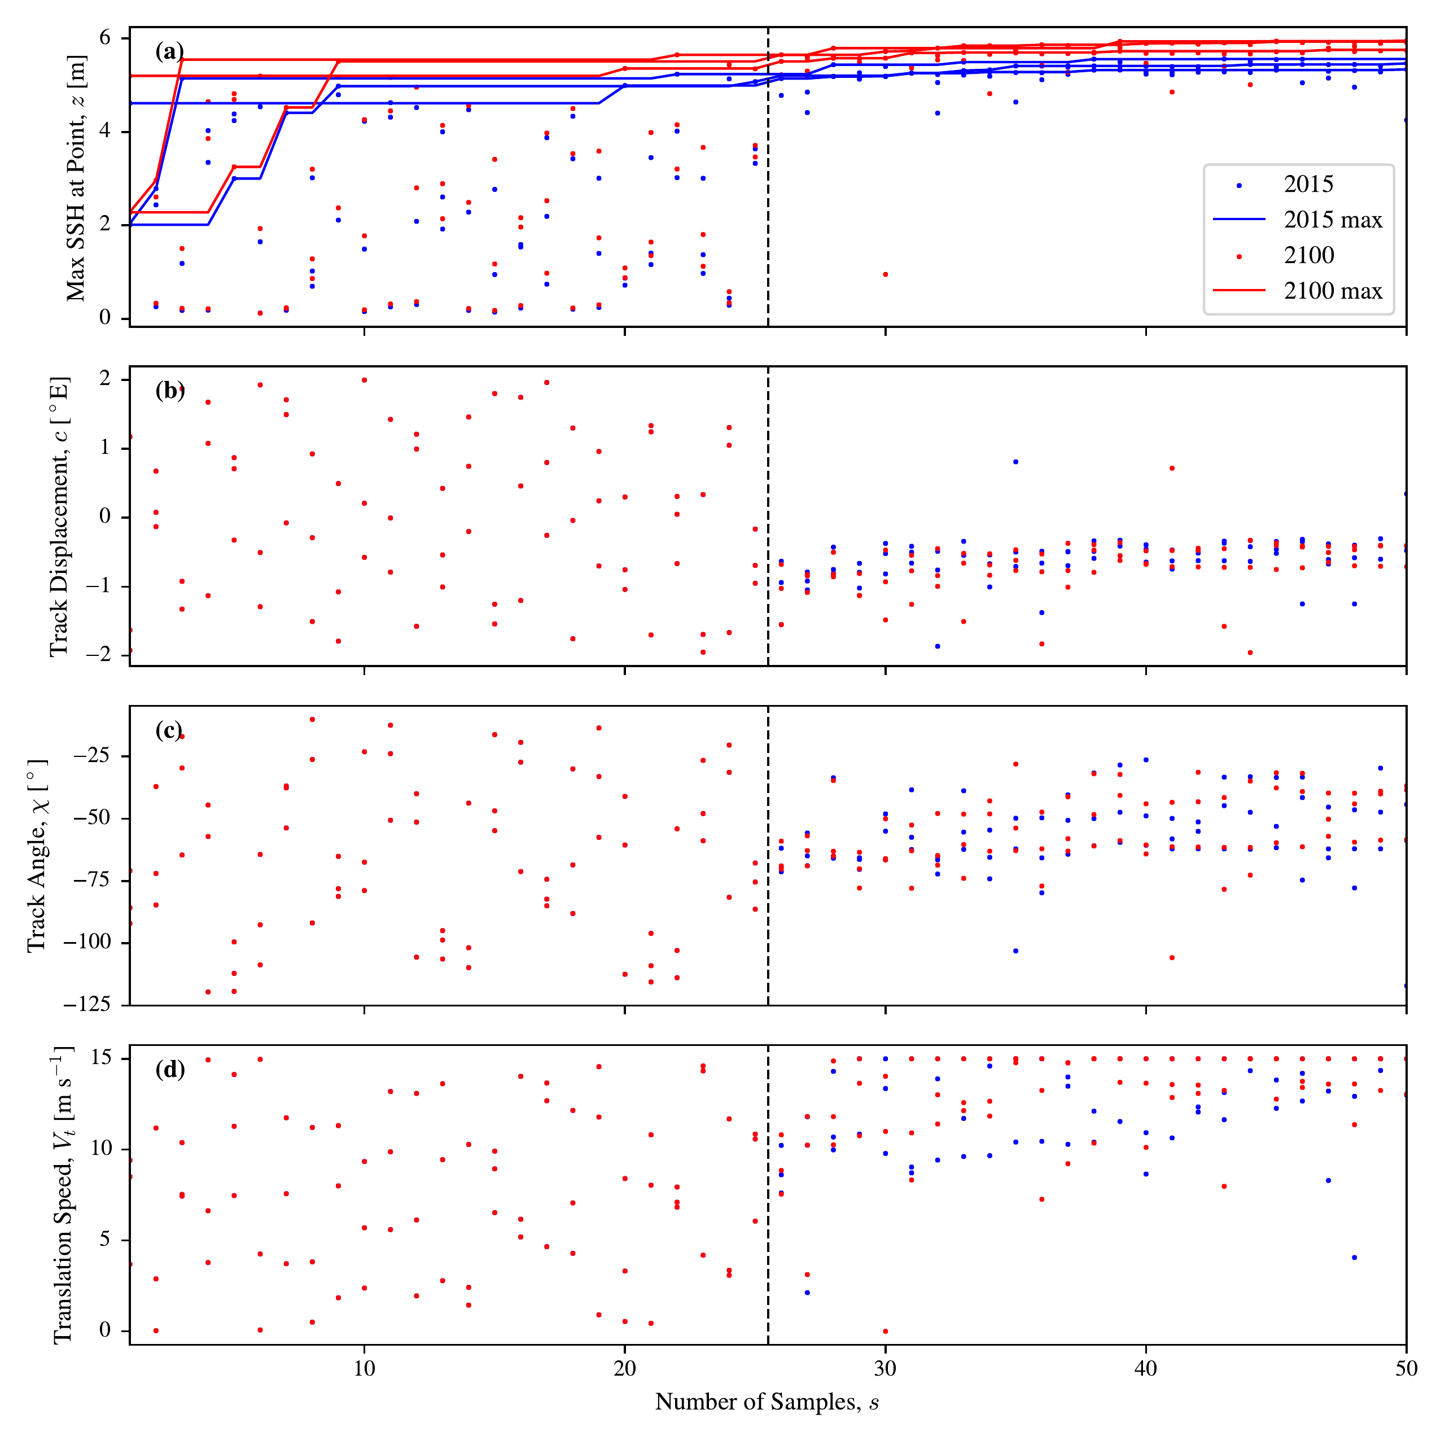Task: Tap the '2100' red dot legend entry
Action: point(1286,255)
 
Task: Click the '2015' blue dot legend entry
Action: point(1286,184)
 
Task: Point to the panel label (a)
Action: point(169,51)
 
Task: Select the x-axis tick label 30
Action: point(886,1368)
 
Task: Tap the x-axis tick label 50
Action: point(1406,1368)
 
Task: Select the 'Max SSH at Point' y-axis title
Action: point(76,177)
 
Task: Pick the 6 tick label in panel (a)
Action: point(105,37)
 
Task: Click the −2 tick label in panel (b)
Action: point(97,654)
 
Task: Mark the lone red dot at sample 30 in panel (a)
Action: point(886,274)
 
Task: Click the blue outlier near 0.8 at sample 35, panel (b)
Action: point(1015,462)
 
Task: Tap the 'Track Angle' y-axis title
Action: point(37,856)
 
